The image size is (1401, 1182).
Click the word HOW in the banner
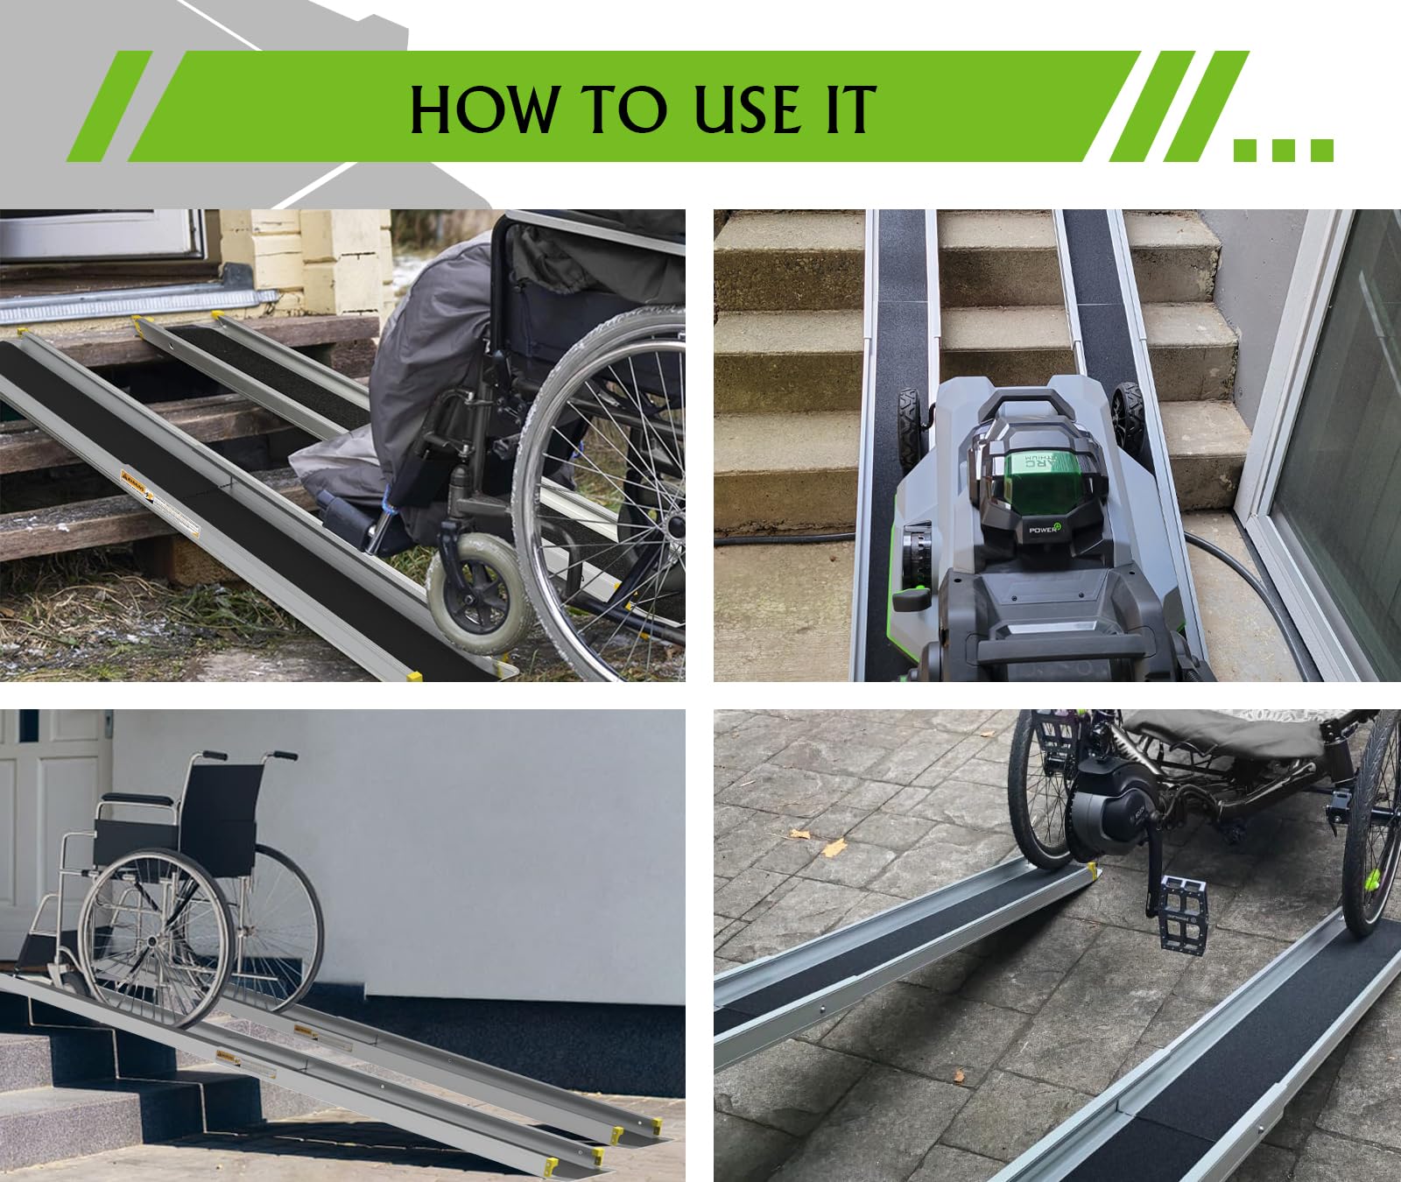(482, 109)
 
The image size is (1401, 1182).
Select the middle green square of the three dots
(1283, 150)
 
